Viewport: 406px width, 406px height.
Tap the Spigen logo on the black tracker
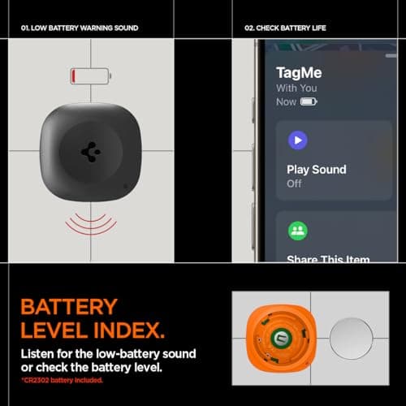coord(89,152)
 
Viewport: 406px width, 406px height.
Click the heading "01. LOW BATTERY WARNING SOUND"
coord(80,28)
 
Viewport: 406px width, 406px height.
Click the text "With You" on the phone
coord(298,88)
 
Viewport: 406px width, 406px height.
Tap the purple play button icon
coord(298,140)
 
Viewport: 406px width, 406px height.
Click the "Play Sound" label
coord(316,170)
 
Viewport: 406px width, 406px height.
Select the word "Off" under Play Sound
coord(294,184)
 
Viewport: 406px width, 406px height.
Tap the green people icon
coord(298,231)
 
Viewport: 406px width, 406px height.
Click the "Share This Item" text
coord(328,260)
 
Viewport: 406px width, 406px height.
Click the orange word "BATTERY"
coord(69,308)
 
